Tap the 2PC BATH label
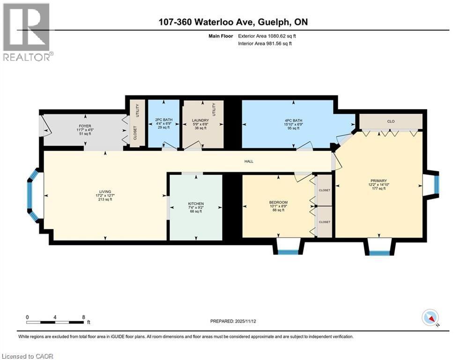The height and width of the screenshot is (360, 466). click(x=164, y=120)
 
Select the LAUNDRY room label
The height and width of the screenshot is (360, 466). click(x=200, y=120)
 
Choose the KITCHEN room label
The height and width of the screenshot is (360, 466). click(x=195, y=203)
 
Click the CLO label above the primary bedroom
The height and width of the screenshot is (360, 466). click(x=391, y=121)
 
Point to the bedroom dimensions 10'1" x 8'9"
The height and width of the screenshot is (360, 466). click(x=279, y=206)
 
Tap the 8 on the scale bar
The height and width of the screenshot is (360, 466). click(x=83, y=316)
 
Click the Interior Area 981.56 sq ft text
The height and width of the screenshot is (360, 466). click(x=265, y=43)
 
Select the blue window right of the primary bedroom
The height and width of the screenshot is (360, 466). click(x=436, y=184)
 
